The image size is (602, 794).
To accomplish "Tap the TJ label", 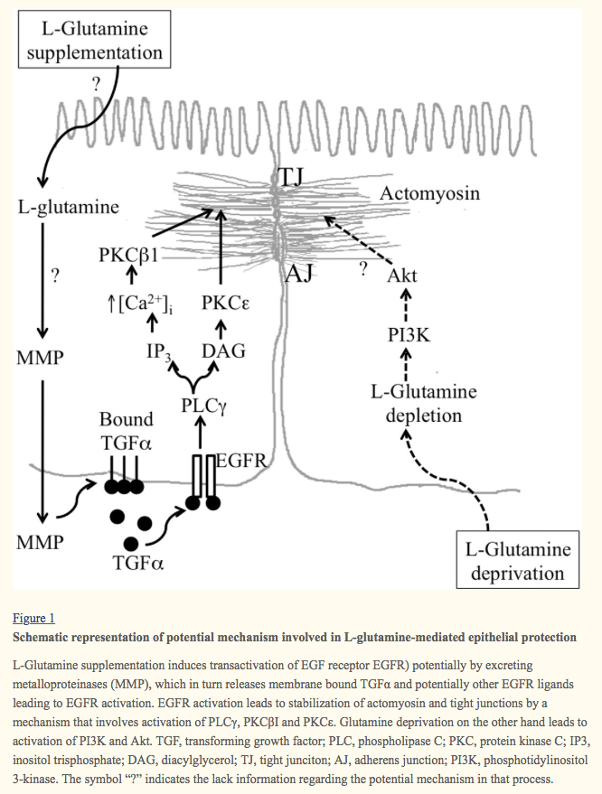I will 291,176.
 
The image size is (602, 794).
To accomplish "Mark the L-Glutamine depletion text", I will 423,405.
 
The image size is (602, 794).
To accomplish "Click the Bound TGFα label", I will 126,432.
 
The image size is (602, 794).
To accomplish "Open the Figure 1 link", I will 33,619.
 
